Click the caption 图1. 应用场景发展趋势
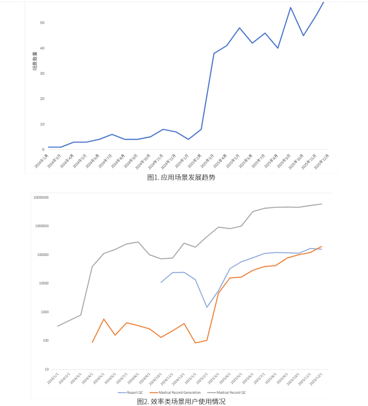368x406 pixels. [181, 177]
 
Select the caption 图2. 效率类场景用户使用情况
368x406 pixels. [181, 402]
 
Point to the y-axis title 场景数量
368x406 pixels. [35, 62]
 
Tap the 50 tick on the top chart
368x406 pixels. [42, 23]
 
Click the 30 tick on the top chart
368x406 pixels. [42, 74]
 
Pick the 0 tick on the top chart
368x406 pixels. [43, 149]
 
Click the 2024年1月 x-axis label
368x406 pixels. [42, 161]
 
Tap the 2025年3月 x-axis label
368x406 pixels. [207, 161]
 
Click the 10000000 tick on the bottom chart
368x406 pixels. [41, 198]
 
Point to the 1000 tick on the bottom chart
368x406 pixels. [45, 312]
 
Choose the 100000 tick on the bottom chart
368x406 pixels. [43, 255]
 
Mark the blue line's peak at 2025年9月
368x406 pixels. [291, 8]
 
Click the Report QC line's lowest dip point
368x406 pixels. [207, 307]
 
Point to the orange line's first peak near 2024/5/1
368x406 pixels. [104, 319]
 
